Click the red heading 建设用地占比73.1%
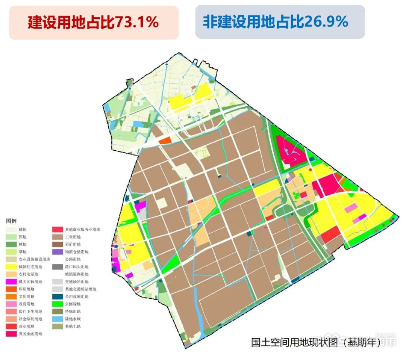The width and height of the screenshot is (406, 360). coord(93,23)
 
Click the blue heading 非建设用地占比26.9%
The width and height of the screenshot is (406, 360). coord(276,22)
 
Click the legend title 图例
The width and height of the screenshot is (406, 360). coord(11,221)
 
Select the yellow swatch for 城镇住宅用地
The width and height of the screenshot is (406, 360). coord(11,267)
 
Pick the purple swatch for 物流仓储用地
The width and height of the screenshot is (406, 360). coord(58,252)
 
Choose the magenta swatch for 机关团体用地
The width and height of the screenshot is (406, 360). coord(11,282)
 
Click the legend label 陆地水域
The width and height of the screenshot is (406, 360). coord(73,319)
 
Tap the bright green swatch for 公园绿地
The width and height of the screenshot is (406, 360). coord(58,304)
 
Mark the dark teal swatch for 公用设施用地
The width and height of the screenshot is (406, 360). coord(58,296)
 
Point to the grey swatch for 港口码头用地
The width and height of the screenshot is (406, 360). coord(58,267)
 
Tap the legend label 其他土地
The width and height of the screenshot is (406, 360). coord(73,326)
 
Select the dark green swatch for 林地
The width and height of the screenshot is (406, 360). coord(11,245)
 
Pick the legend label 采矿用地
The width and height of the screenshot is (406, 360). coord(73,245)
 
